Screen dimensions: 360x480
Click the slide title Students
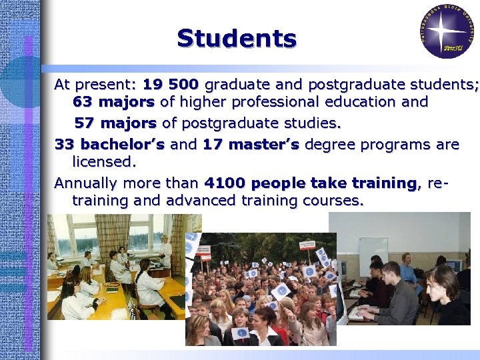coord(237,38)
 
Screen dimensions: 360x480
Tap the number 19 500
coord(170,85)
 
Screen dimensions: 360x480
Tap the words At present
coord(94,85)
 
